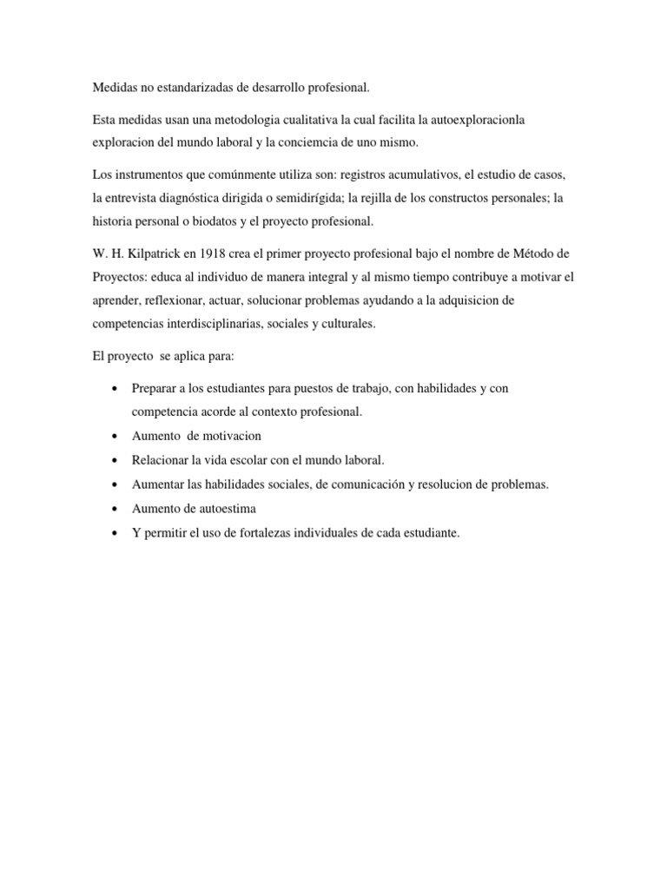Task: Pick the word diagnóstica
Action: (x=215, y=197)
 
